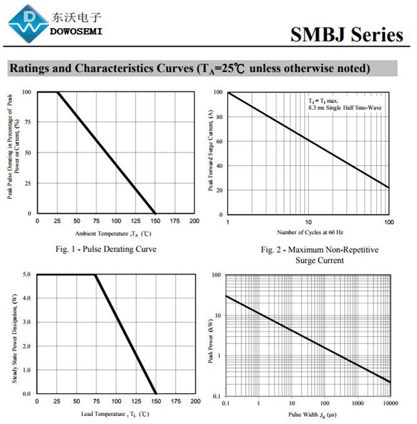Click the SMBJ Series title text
[x=347, y=34]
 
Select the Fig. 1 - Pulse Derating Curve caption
[x=106, y=249]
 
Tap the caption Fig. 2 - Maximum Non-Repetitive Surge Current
[x=319, y=255]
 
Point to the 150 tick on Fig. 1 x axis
[x=156, y=221]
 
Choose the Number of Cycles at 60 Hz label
[x=310, y=232]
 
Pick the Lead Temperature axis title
[x=116, y=414]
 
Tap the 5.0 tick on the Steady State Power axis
[x=26, y=274]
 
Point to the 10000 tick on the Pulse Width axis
[x=390, y=403]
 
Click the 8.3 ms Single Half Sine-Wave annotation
[x=345, y=107]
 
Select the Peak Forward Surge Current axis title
[x=211, y=153]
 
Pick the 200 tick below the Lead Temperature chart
[x=194, y=401]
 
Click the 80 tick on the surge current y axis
[x=219, y=117]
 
